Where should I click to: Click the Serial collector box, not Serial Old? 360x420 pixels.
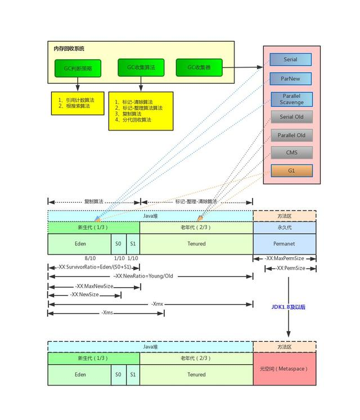pos(290,60)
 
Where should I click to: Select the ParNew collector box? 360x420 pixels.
pos(290,79)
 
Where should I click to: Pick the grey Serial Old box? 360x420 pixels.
pos(291,117)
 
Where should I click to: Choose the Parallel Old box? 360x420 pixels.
pos(291,136)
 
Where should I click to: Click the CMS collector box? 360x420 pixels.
pos(291,153)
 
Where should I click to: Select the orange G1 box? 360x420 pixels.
pos(291,171)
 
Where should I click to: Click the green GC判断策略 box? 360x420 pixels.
pos(78,68)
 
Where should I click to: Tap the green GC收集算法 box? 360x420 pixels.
pos(141,68)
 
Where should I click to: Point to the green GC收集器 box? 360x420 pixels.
pos(199,68)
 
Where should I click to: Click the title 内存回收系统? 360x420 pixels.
pos(69,49)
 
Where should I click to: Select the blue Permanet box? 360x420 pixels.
pos(284,244)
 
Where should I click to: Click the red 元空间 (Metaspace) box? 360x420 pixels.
pos(284,369)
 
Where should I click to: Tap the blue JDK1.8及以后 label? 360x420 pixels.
pos(289,307)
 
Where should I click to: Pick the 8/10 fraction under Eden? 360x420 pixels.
pos(90,258)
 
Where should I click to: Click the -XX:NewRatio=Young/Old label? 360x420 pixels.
pos(143,276)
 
